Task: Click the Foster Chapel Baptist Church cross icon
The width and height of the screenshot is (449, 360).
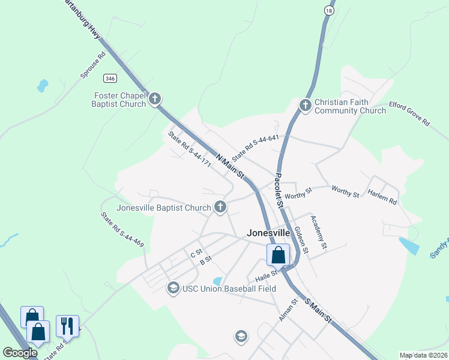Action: (155, 98)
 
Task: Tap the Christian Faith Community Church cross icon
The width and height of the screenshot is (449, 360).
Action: (305, 106)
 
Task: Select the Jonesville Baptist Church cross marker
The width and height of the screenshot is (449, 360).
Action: (220, 208)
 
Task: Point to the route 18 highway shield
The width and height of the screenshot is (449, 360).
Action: (328, 11)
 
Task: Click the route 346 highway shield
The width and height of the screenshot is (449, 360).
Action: (109, 79)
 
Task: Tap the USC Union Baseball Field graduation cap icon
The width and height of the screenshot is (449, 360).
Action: (173, 289)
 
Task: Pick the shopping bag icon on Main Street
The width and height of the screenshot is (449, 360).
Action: (279, 255)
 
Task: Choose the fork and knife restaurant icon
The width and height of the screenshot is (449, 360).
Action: (67, 326)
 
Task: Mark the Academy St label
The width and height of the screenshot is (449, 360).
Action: (319, 232)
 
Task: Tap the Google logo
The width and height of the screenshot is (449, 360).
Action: (20, 353)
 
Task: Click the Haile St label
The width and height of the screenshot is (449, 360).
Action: (266, 275)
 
